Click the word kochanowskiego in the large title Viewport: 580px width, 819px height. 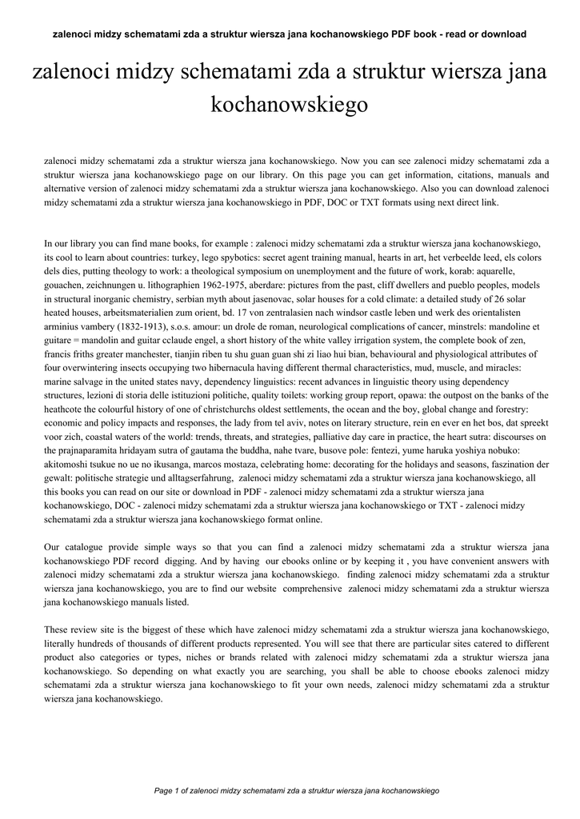(290, 104)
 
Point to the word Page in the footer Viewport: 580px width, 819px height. (163, 790)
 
